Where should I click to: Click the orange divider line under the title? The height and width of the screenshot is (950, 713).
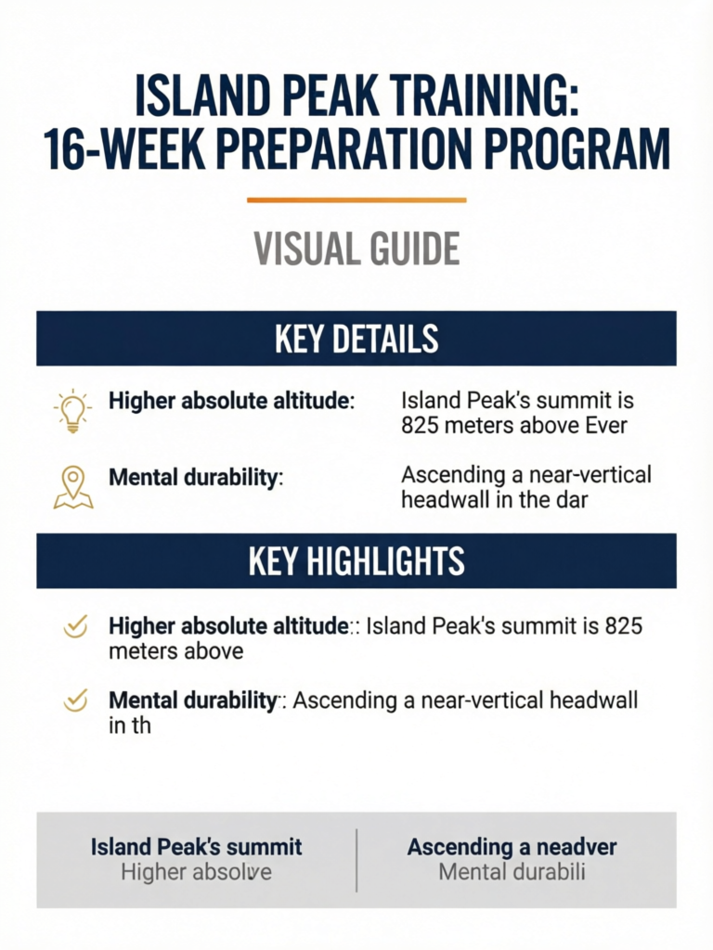(356, 199)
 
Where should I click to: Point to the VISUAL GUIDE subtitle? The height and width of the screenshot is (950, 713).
(356, 249)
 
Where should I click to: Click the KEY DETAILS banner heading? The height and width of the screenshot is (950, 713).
(356, 338)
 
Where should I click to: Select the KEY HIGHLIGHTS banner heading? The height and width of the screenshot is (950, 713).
(356, 561)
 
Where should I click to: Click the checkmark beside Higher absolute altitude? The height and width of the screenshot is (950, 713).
(75, 627)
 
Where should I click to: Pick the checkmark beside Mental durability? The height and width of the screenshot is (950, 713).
(75, 701)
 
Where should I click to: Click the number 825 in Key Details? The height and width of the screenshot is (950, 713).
(420, 425)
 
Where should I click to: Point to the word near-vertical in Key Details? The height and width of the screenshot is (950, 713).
(590, 475)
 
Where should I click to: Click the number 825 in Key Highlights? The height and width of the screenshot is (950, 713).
(623, 626)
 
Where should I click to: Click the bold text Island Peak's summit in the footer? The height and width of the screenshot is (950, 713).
(197, 847)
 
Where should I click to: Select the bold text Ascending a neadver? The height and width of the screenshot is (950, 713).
(512, 847)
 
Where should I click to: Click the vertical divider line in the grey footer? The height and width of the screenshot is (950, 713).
(356, 860)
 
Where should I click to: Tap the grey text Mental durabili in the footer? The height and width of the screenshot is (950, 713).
(512, 872)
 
